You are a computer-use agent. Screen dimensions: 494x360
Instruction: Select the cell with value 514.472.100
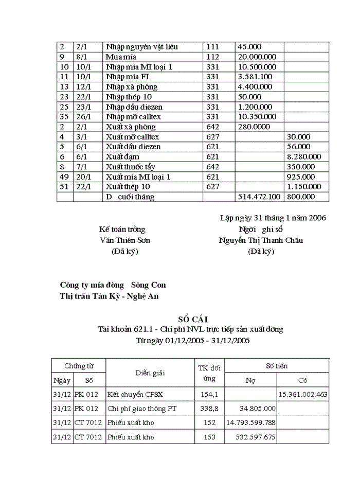point(259,197)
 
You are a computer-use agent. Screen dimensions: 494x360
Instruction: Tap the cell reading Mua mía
point(121,57)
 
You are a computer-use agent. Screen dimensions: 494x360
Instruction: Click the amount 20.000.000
point(257,57)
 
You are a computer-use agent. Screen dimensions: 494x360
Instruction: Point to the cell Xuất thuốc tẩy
point(130,167)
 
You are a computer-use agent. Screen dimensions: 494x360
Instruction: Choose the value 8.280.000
point(304,156)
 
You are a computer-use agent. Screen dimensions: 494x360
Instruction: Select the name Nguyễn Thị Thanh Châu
point(261,240)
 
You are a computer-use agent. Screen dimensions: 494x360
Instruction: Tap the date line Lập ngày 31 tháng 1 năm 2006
point(273,218)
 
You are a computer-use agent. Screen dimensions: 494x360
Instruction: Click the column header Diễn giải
point(150,373)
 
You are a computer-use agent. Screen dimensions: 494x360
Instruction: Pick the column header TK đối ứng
point(209,373)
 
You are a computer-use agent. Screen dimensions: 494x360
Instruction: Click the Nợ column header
point(250,380)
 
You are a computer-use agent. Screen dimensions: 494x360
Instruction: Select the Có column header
point(303,380)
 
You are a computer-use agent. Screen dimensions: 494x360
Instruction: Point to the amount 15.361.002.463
point(303,394)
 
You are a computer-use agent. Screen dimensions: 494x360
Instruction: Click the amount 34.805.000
point(258,408)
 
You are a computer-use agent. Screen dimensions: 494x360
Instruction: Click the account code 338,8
point(209,408)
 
